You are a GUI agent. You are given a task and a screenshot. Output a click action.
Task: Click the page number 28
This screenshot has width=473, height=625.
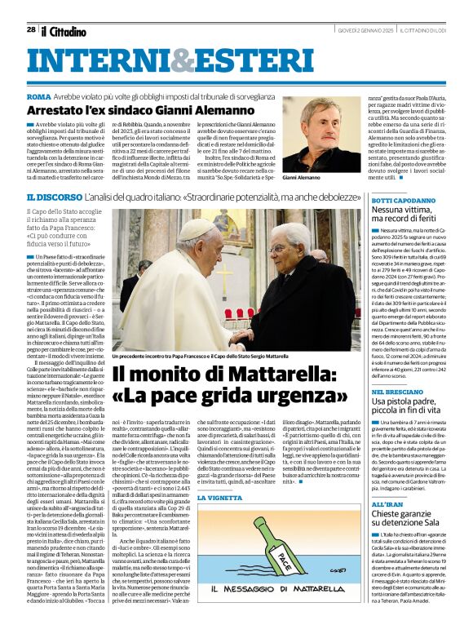31,29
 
